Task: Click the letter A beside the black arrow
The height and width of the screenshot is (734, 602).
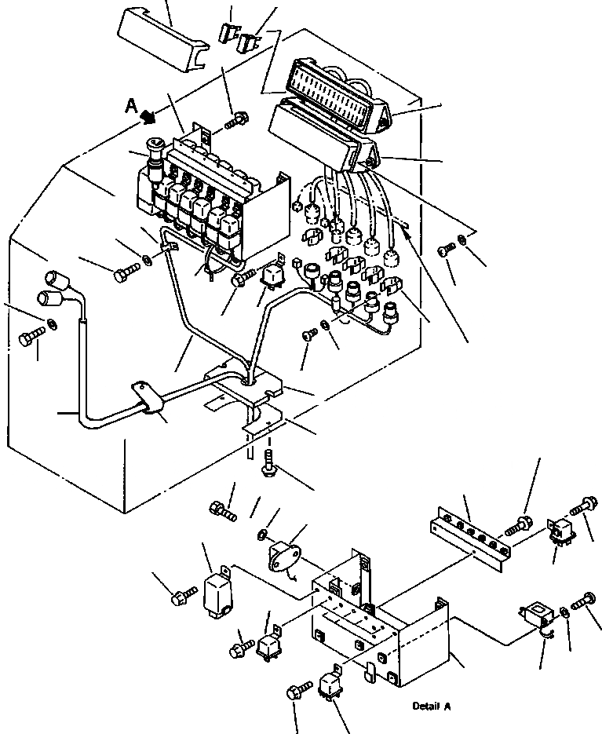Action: point(132,106)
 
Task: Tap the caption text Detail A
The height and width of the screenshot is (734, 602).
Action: point(432,707)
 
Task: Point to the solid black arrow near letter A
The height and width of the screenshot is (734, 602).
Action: point(146,117)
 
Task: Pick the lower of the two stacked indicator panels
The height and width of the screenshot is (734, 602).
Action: point(322,141)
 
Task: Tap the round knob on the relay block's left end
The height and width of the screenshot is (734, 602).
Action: point(154,148)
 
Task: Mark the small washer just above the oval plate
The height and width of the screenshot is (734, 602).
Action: point(262,535)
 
